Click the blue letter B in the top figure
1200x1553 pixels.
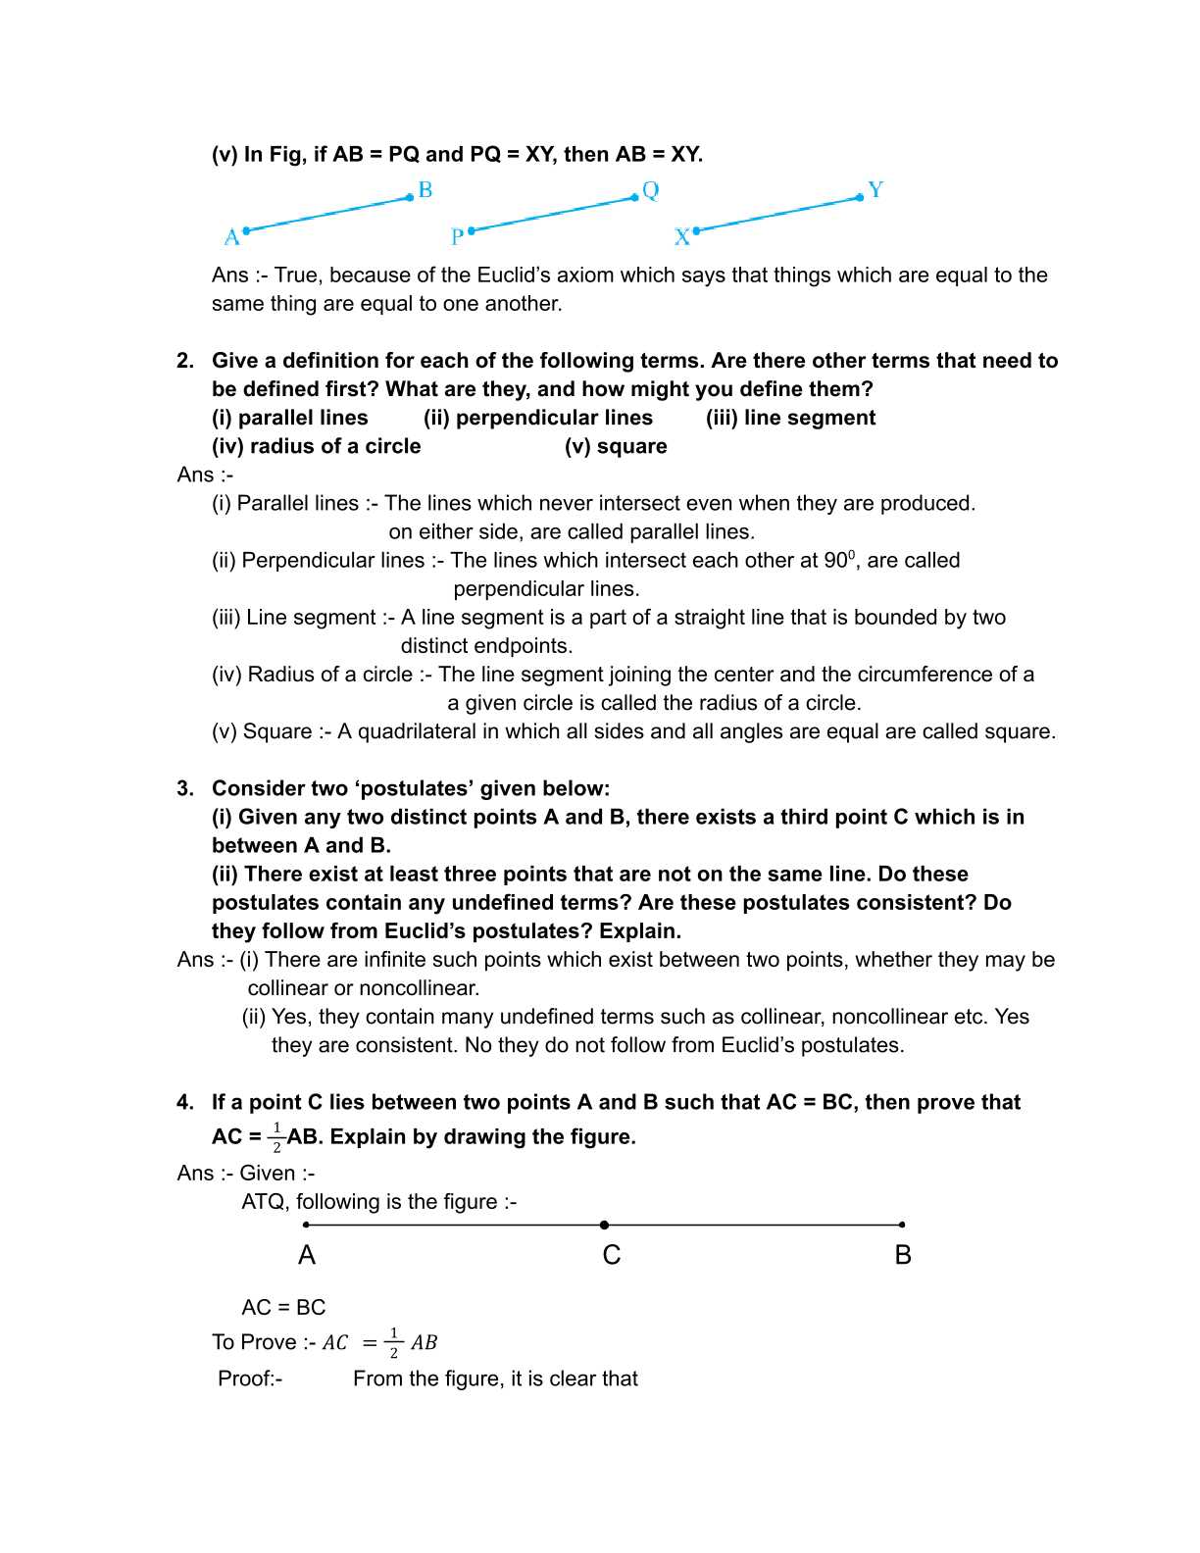point(425,190)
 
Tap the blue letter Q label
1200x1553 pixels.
point(651,190)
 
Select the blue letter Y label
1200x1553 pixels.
point(875,189)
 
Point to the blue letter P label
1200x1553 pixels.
point(457,237)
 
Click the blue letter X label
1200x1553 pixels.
point(682,237)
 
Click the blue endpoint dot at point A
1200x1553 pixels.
point(246,230)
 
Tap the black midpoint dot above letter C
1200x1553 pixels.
point(604,1225)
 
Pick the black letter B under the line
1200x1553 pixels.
point(903,1255)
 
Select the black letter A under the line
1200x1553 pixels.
point(307,1255)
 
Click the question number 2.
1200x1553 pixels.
point(185,361)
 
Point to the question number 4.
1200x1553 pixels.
point(185,1102)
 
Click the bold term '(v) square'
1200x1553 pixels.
point(616,446)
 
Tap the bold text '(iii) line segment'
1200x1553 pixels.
point(790,418)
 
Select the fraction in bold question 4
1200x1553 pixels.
point(276,1137)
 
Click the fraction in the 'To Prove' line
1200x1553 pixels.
point(393,1342)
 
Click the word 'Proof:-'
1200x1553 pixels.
point(250,1378)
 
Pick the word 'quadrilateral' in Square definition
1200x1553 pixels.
point(413,731)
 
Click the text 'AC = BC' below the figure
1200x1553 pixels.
point(283,1308)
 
